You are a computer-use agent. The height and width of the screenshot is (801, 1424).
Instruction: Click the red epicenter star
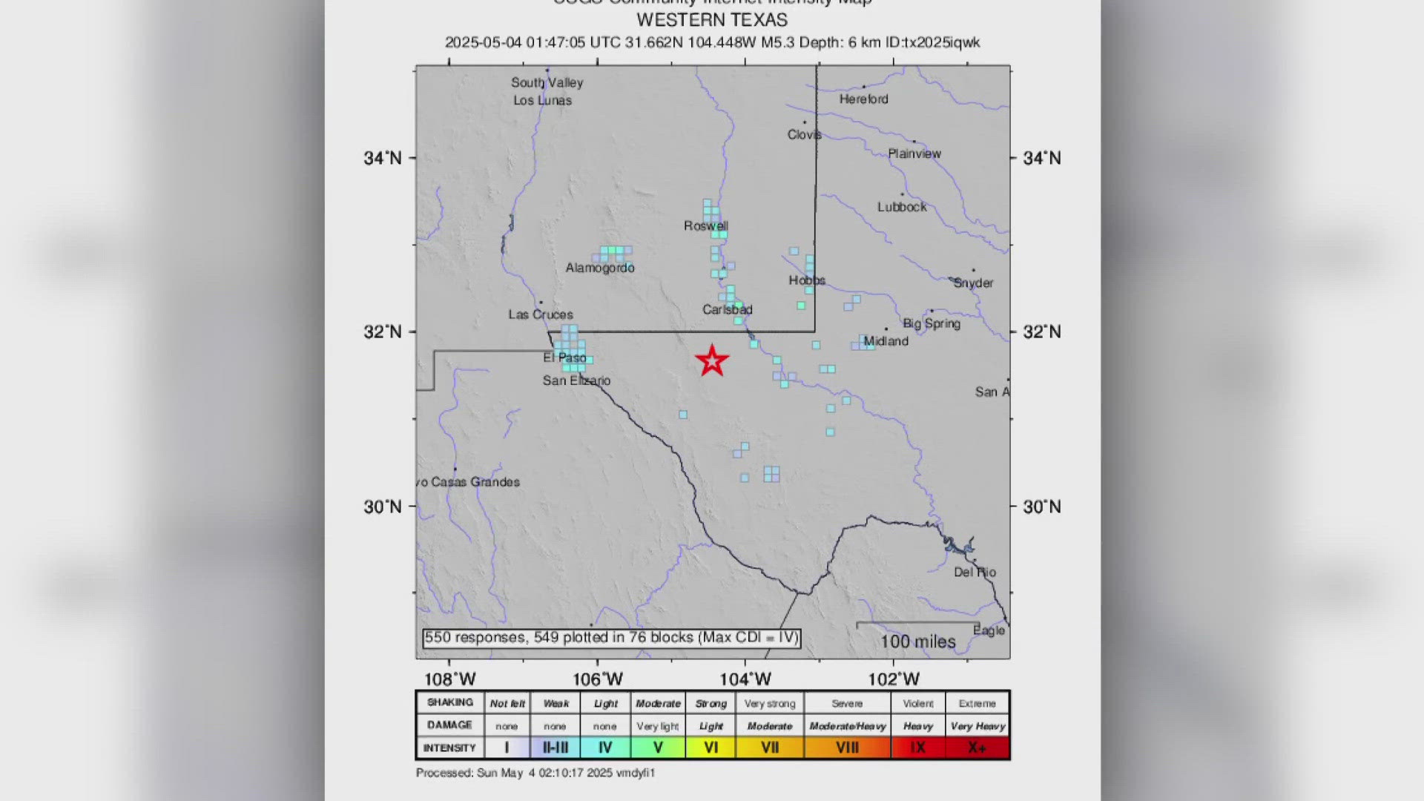712,360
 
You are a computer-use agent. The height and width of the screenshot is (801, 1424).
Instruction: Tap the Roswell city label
705,225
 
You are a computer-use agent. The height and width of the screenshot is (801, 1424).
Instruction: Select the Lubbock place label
902,207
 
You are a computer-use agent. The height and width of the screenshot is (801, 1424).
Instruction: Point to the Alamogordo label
600,268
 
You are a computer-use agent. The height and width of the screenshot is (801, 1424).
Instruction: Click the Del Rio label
975,572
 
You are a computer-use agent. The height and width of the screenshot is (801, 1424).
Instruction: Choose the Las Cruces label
540,314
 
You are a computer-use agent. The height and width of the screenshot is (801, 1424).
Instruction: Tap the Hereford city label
863,99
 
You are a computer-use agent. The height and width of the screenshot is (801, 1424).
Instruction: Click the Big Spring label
932,323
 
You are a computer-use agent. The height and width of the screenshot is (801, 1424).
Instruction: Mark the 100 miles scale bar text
918,642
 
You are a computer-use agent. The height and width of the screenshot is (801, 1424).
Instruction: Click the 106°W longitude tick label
598,679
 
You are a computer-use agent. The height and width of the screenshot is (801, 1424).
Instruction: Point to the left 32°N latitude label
383,332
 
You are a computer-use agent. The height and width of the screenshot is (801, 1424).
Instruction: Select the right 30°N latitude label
1042,507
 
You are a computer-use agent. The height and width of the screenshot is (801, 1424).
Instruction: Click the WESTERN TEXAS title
712,20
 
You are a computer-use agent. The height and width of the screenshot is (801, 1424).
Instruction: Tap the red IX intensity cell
917,748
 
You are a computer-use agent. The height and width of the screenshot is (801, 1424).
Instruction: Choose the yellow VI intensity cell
711,748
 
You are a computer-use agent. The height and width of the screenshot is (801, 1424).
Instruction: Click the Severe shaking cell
847,703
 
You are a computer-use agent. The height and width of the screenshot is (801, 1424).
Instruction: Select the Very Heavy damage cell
978,726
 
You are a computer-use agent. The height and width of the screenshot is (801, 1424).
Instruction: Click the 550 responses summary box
611,638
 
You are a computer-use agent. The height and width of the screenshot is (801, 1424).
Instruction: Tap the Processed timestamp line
535,773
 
